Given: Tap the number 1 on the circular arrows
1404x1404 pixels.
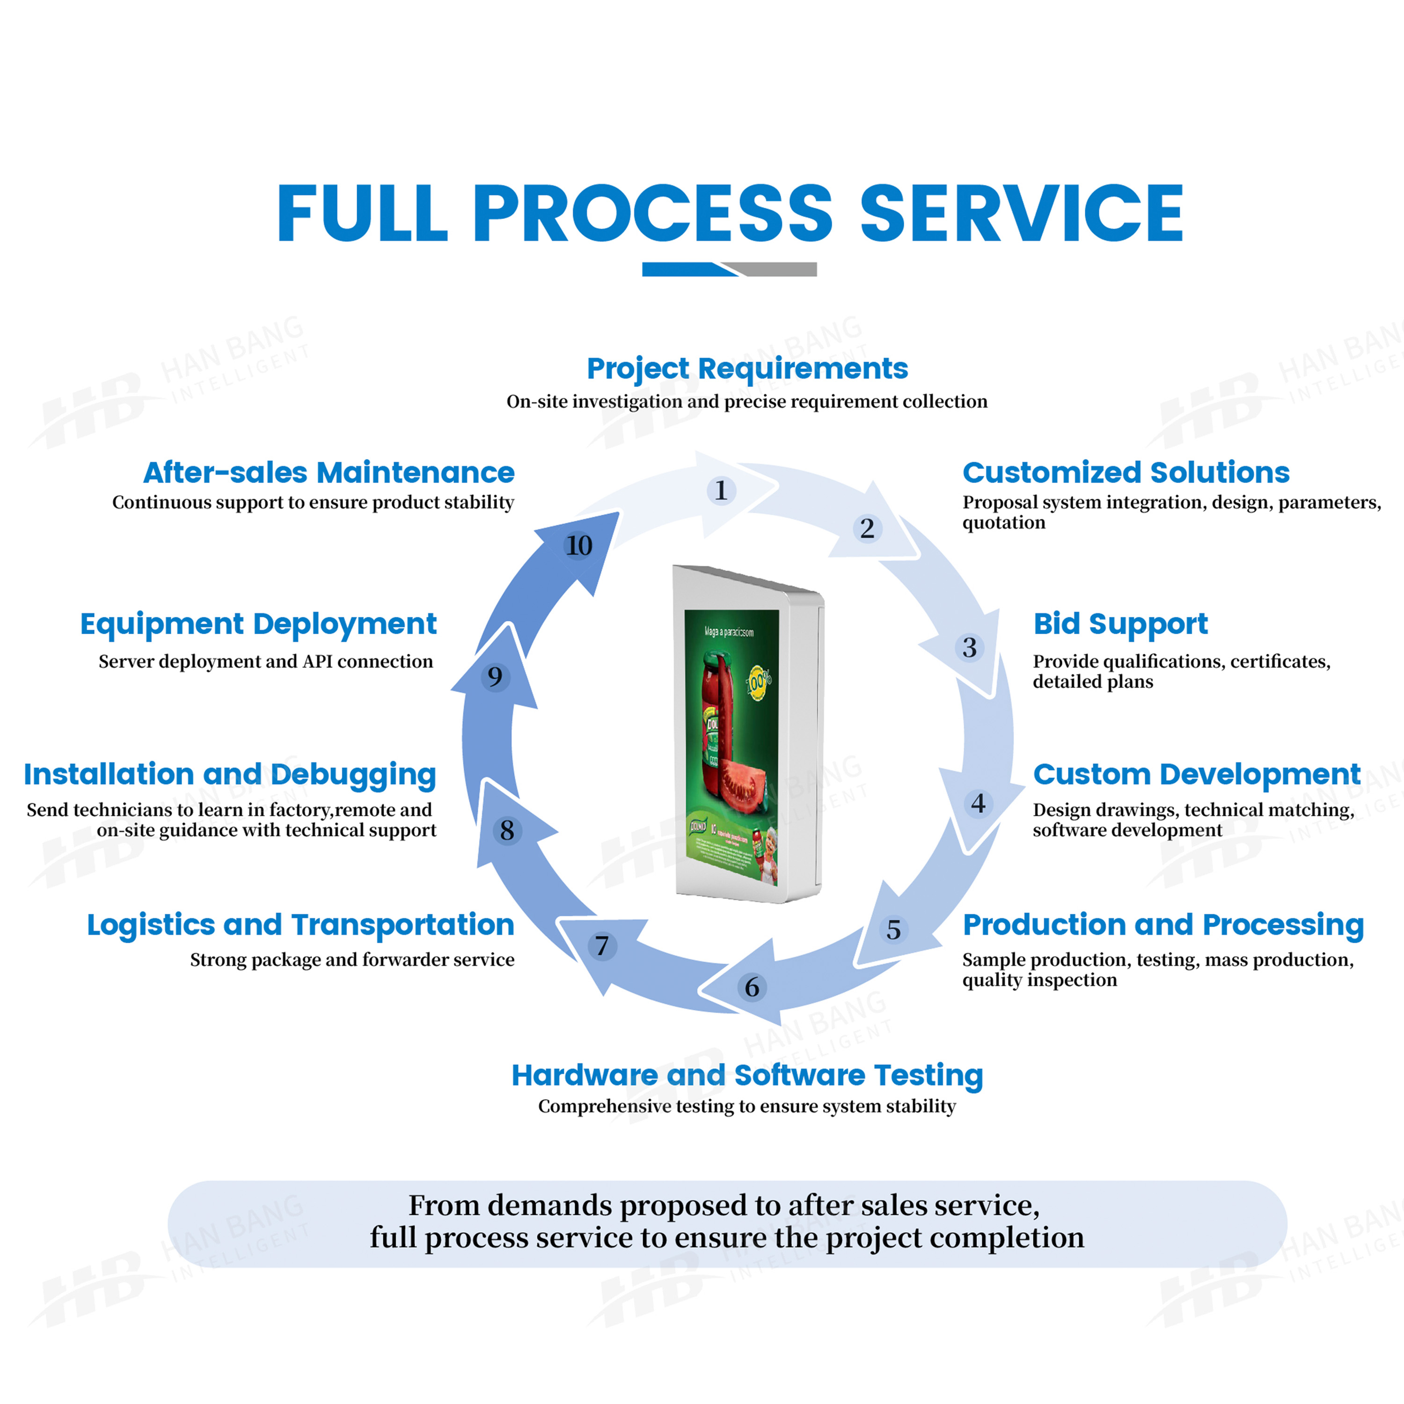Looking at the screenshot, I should (721, 490).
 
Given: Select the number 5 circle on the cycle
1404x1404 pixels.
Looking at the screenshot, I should (893, 929).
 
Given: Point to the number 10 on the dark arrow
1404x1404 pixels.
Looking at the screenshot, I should (579, 546).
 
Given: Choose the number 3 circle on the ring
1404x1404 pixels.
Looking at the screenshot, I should (969, 648).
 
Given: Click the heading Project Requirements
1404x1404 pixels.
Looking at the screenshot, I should (747, 368).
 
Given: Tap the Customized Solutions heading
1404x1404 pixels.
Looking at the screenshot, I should (1126, 472).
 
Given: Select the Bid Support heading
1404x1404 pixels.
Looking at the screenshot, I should (1120, 623).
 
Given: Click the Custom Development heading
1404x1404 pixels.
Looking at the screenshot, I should (1196, 774).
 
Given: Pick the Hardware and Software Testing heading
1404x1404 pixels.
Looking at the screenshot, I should (747, 1075).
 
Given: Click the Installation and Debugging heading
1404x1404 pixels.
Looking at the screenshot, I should (230, 774).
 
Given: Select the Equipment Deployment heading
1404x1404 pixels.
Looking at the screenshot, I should (258, 623).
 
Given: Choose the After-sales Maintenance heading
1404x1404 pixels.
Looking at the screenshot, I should (329, 472).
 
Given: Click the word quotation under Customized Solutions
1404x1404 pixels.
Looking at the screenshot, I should (1003, 522).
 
